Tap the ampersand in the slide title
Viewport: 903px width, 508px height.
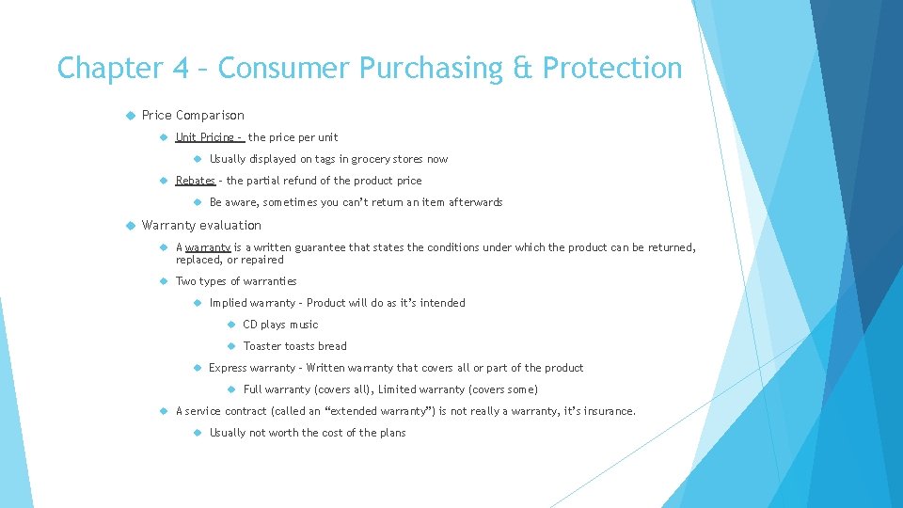(x=525, y=68)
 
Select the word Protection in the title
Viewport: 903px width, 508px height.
(x=612, y=68)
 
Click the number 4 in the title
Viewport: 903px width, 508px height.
(x=182, y=68)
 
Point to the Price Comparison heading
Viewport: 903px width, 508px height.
(x=193, y=116)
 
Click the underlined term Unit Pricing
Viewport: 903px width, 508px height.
(x=205, y=137)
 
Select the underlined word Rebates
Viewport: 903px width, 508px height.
(x=195, y=181)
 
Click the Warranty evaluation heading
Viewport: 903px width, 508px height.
(x=201, y=225)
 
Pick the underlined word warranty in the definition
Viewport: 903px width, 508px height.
(x=208, y=247)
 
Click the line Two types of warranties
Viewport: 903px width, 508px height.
(x=236, y=281)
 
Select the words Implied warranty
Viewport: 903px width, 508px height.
(x=252, y=303)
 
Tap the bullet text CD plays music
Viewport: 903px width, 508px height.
(x=280, y=325)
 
